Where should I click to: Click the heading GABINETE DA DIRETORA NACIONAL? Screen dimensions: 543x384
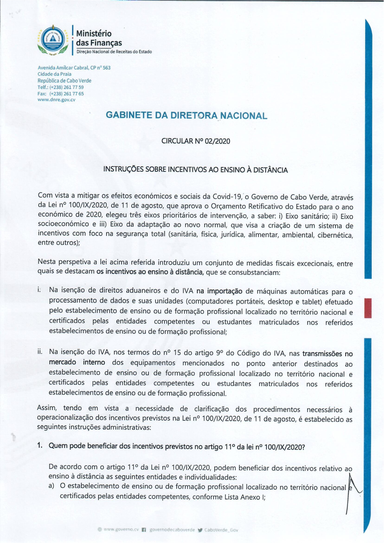186,116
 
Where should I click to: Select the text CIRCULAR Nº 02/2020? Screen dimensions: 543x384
196,141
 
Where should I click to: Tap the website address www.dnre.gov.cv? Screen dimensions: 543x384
56,100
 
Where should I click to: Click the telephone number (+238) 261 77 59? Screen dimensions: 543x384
66,87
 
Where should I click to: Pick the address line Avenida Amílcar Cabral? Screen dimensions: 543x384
74,68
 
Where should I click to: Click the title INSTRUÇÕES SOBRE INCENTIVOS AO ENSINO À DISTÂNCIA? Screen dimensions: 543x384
195,169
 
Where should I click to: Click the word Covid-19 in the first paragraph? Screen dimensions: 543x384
227,197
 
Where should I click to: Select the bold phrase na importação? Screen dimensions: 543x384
219,291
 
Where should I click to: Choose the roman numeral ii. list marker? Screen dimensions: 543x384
40,351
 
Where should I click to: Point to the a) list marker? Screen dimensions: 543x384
51,486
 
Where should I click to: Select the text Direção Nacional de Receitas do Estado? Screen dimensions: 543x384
114,51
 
